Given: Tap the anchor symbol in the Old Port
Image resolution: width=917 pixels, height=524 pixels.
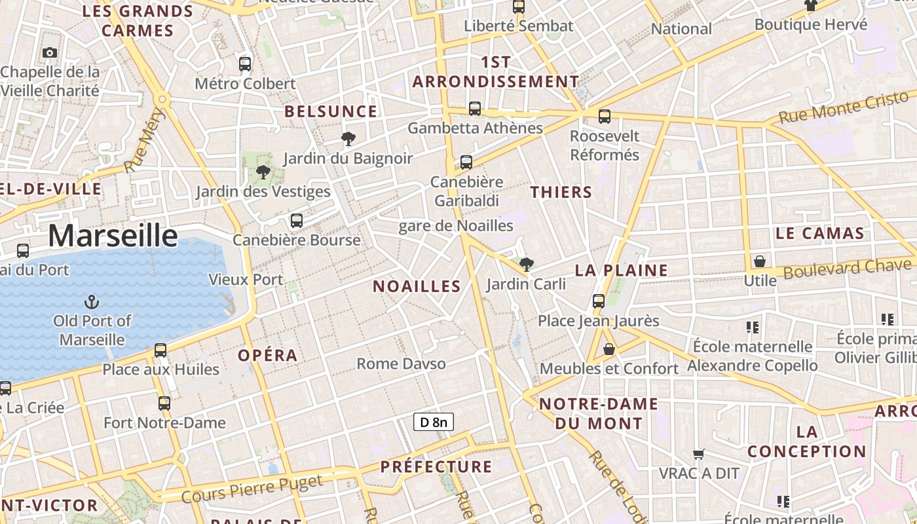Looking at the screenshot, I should pyautogui.click(x=92, y=302).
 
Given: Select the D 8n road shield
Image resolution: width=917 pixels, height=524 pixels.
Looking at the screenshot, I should pyautogui.click(x=434, y=422).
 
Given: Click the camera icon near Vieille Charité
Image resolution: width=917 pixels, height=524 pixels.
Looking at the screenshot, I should pyautogui.click(x=49, y=52).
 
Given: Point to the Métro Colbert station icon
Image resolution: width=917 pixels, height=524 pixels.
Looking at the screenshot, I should pyautogui.click(x=245, y=64).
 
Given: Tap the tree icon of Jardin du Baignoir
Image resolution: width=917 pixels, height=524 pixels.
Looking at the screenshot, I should pyautogui.click(x=348, y=138).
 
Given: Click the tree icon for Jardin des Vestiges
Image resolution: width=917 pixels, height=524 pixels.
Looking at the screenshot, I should pyautogui.click(x=263, y=172).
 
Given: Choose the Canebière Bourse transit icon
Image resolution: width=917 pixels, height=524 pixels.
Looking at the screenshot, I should pyautogui.click(x=297, y=221).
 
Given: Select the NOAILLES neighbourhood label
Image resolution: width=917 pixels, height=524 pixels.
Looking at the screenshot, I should pyautogui.click(x=417, y=286).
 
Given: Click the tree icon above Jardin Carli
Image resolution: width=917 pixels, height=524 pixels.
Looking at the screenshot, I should pyautogui.click(x=526, y=265).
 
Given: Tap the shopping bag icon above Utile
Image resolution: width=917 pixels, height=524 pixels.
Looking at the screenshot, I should pyautogui.click(x=760, y=261).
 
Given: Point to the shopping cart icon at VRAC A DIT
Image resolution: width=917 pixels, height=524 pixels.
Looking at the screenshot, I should pyautogui.click(x=699, y=454).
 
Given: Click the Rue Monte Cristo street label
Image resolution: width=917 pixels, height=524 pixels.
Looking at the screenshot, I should pyautogui.click(x=844, y=107).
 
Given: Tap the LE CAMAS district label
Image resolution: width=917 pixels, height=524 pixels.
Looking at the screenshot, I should pyautogui.click(x=819, y=233).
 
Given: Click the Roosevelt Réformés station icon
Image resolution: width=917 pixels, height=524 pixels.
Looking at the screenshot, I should pyautogui.click(x=604, y=117).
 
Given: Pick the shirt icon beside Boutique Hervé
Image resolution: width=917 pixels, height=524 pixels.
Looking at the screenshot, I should pyautogui.click(x=811, y=5).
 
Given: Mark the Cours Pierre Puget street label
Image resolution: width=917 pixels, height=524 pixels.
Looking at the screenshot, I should pyautogui.click(x=252, y=489).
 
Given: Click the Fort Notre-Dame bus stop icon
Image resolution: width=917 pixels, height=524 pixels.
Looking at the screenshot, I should pyautogui.click(x=164, y=403).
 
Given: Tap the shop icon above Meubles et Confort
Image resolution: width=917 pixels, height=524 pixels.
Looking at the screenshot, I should pyautogui.click(x=609, y=349).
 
